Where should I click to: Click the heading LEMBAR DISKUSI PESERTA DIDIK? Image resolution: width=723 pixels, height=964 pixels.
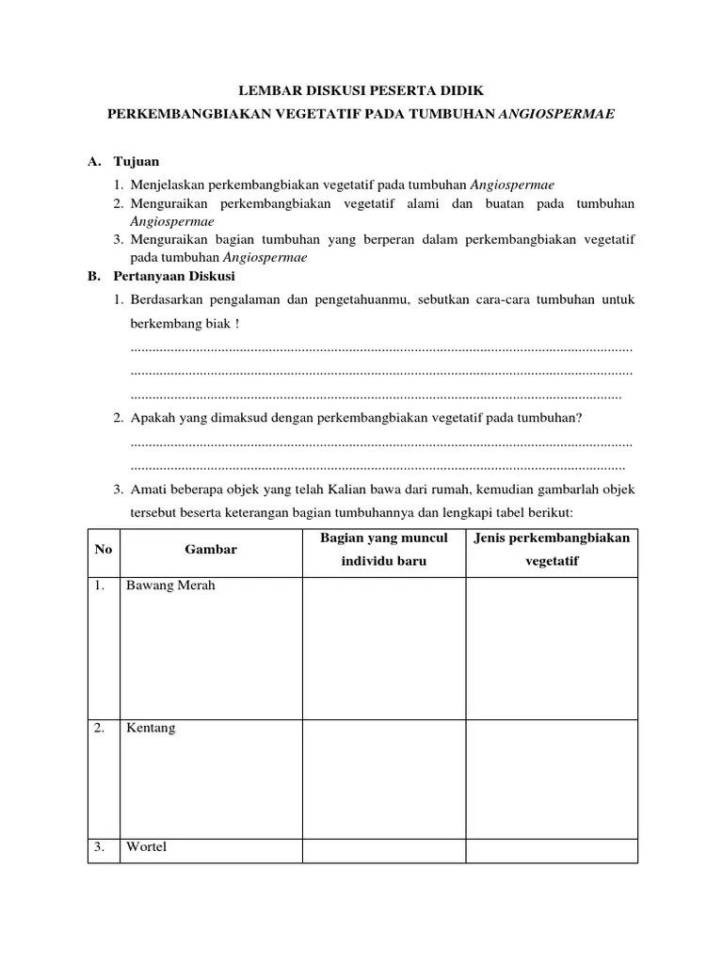361,90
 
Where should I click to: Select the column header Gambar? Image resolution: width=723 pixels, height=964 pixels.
211,550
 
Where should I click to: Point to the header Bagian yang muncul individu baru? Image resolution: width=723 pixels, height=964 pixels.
383,549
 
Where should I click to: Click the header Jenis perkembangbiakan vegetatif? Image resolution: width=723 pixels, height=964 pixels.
552,549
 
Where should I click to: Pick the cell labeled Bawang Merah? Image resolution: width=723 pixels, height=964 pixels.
170,586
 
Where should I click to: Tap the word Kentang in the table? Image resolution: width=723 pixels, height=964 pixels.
151,729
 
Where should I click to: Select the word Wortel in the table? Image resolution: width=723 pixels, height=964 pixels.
147,847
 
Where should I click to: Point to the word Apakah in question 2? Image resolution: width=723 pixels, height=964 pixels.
152,417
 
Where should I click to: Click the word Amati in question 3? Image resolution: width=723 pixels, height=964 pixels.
147,490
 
